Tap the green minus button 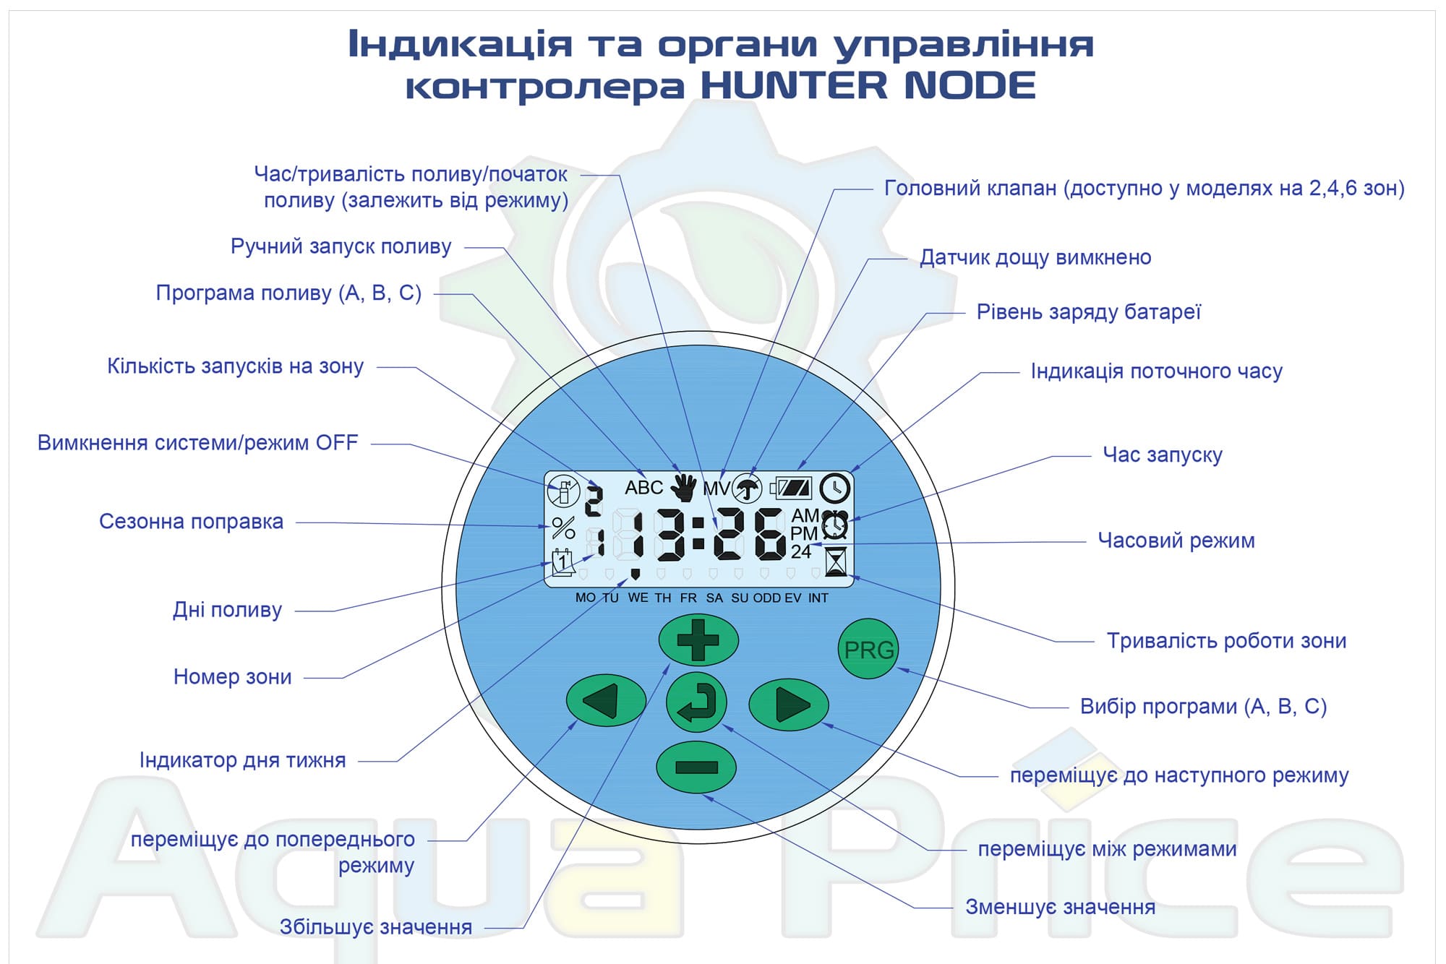click(x=696, y=767)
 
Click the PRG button click(x=868, y=649)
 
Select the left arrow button click(x=606, y=701)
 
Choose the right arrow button click(x=789, y=705)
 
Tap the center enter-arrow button click(x=696, y=702)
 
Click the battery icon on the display click(x=791, y=488)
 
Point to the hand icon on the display click(x=683, y=488)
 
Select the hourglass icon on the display click(x=836, y=561)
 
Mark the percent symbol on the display click(x=563, y=528)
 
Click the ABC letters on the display click(x=643, y=488)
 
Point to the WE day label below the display click(x=638, y=598)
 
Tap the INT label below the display click(x=818, y=598)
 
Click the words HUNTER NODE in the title click(x=868, y=85)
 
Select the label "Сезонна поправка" click(x=191, y=521)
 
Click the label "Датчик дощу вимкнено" click(x=1035, y=257)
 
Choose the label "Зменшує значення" click(x=1061, y=907)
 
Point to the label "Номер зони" click(x=233, y=677)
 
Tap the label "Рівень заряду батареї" click(x=1089, y=312)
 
